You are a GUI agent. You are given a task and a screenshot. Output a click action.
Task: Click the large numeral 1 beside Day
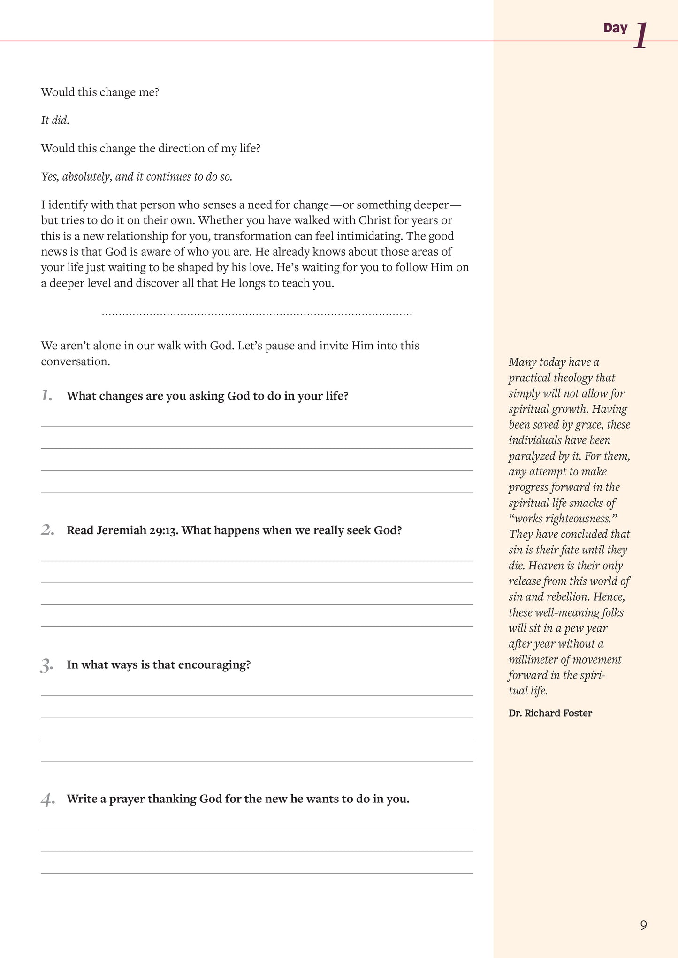(x=641, y=36)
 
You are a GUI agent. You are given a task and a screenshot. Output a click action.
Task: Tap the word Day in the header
(x=615, y=28)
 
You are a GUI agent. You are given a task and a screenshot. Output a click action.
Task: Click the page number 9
(x=643, y=925)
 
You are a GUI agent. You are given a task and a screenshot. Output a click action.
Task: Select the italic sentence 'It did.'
(x=55, y=121)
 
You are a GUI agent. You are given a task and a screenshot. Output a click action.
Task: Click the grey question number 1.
(x=46, y=396)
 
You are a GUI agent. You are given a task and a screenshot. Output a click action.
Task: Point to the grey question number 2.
(x=47, y=530)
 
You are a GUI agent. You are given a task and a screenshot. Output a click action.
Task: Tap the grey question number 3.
(x=46, y=665)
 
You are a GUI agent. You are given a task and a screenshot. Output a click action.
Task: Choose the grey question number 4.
(x=47, y=800)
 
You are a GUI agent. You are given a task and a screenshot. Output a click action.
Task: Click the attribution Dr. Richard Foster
(x=550, y=713)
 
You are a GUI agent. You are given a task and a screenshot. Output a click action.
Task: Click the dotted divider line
(x=257, y=314)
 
